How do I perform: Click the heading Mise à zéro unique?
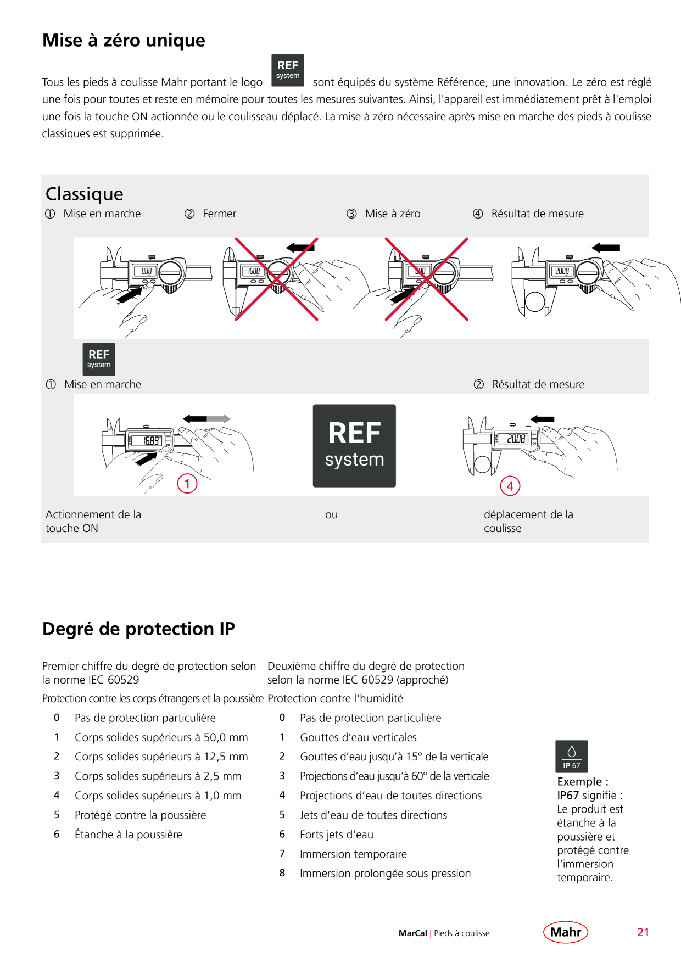point(124,41)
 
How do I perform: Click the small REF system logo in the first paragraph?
point(288,70)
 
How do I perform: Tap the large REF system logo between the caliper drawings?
point(354,446)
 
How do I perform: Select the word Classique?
point(85,194)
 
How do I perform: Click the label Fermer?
point(219,214)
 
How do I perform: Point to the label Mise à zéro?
point(393,214)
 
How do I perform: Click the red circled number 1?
point(187,484)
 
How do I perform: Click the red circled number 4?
point(510,486)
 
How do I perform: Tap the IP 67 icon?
point(572,757)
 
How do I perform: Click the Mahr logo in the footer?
point(566,932)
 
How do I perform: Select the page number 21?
point(643,932)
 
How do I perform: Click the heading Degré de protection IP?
point(138,629)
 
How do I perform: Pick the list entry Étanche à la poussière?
point(129,835)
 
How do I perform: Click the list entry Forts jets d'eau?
point(337,835)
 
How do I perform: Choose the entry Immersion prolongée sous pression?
point(385,874)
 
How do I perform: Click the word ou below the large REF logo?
point(331,515)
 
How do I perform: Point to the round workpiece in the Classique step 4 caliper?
point(534,301)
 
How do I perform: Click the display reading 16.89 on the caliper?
point(151,441)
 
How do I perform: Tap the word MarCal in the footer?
point(413,933)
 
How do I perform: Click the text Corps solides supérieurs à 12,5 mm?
point(161,757)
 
